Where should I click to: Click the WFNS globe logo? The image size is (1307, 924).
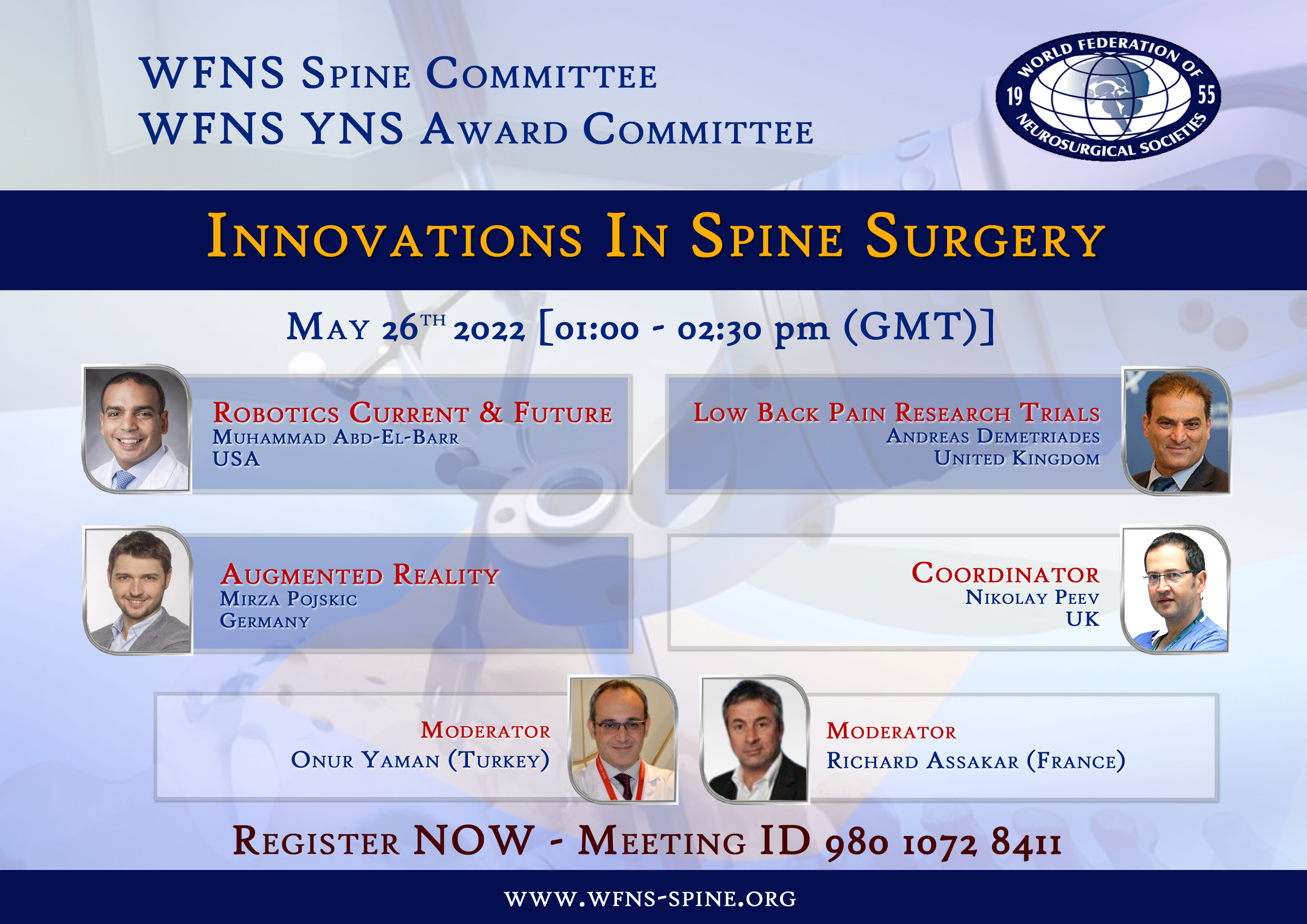pos(1108,96)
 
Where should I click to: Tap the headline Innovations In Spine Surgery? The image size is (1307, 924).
pos(656,236)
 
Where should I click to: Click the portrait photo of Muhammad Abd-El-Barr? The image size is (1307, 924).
pos(137,429)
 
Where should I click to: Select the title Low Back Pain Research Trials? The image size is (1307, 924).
pos(896,413)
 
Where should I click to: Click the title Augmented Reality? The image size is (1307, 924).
pos(360,575)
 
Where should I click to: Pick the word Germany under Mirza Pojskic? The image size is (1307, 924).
pos(265,621)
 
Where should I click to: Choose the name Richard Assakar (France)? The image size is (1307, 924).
pos(976,760)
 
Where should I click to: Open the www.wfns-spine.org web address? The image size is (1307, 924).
pos(651,898)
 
